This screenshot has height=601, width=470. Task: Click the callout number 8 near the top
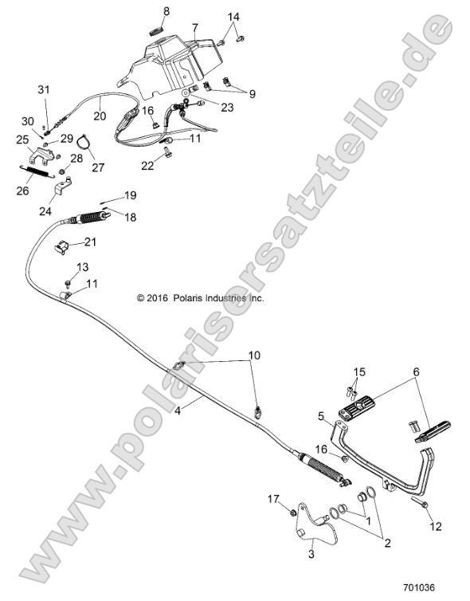pyautogui.click(x=166, y=10)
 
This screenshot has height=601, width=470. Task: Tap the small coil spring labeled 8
pyautogui.click(x=157, y=29)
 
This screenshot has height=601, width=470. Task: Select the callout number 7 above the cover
pyautogui.click(x=194, y=27)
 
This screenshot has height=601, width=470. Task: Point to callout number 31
pyautogui.click(x=44, y=88)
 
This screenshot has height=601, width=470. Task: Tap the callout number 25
pyautogui.click(x=22, y=139)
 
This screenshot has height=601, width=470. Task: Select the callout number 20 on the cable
pyautogui.click(x=100, y=115)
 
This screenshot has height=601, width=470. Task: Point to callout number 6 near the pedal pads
pyautogui.click(x=415, y=371)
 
